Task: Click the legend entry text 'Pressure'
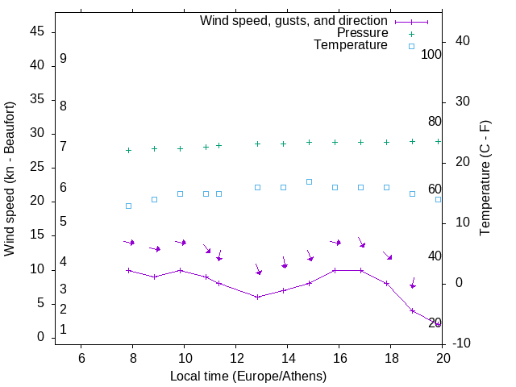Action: pos(362,33)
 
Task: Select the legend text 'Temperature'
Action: pos(351,45)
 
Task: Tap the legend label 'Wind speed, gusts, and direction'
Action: pos(294,21)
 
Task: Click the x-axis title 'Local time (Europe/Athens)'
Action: pos(248,376)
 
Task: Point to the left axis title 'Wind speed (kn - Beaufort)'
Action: pos(10,179)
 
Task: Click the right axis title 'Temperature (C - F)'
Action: pos(485,179)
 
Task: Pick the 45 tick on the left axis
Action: pos(37,32)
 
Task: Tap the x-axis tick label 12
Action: pos(236,358)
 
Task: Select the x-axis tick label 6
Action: pos(81,358)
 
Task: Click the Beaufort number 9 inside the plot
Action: pos(63,59)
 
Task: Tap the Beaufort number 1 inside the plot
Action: pos(63,330)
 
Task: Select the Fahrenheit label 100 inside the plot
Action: pos(432,55)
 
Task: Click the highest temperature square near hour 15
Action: pos(310,181)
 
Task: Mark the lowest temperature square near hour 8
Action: pos(128,206)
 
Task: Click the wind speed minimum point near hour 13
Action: pos(258,297)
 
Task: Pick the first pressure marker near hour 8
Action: pos(128,150)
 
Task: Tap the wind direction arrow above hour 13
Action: pos(257,269)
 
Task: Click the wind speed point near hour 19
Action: pos(413,310)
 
